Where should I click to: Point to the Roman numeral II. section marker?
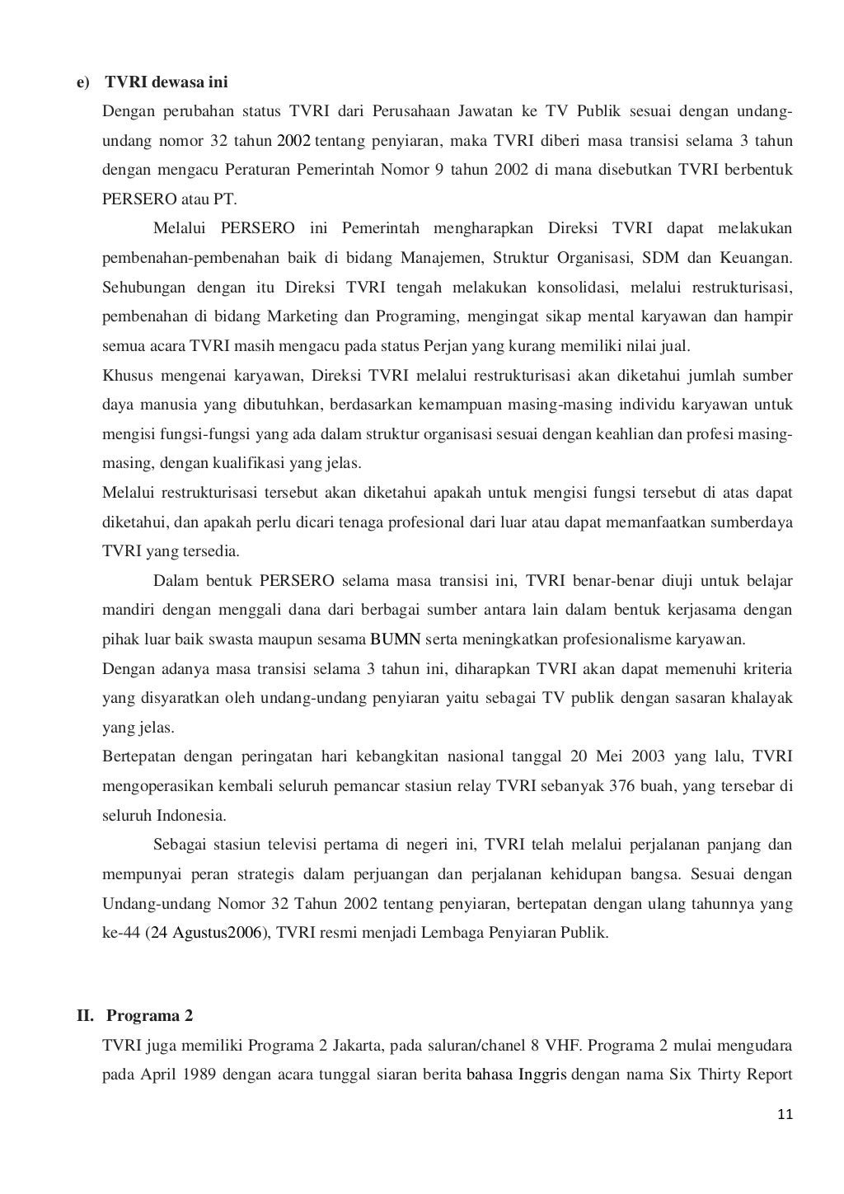[x=87, y=1015]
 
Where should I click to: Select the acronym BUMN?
[x=396, y=639]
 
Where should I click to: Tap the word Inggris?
[x=542, y=1075]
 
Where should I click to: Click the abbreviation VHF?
[x=565, y=1046]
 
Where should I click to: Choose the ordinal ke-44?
[x=121, y=934]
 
